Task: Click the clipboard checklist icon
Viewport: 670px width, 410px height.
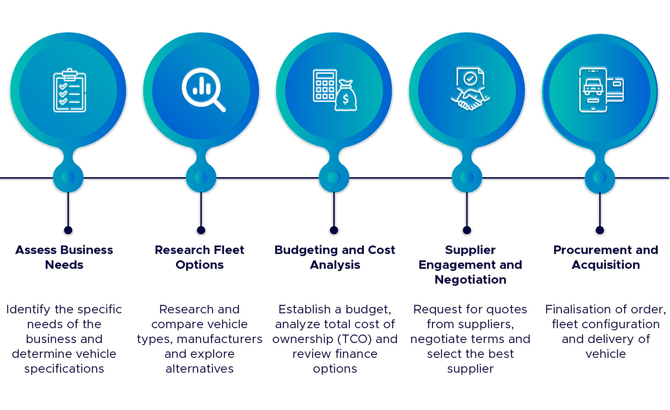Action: (x=70, y=90)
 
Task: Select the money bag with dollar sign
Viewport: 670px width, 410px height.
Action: (x=346, y=96)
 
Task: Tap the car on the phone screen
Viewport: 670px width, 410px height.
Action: (x=593, y=87)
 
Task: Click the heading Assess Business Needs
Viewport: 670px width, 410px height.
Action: (x=64, y=257)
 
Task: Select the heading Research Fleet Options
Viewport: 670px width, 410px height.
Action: (x=199, y=257)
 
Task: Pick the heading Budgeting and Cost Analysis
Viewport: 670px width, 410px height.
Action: (x=335, y=257)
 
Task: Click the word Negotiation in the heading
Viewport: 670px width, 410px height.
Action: (x=470, y=279)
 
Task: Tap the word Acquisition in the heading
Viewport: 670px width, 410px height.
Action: (x=606, y=265)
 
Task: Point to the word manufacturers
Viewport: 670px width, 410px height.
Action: (x=220, y=339)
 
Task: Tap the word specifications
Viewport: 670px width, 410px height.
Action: (x=64, y=369)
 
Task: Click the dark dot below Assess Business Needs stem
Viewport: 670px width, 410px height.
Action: (x=68, y=230)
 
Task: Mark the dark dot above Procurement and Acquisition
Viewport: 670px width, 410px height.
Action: (x=600, y=230)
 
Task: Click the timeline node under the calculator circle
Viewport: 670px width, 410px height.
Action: (x=334, y=178)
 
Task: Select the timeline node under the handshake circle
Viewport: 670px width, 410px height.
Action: (x=466, y=178)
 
